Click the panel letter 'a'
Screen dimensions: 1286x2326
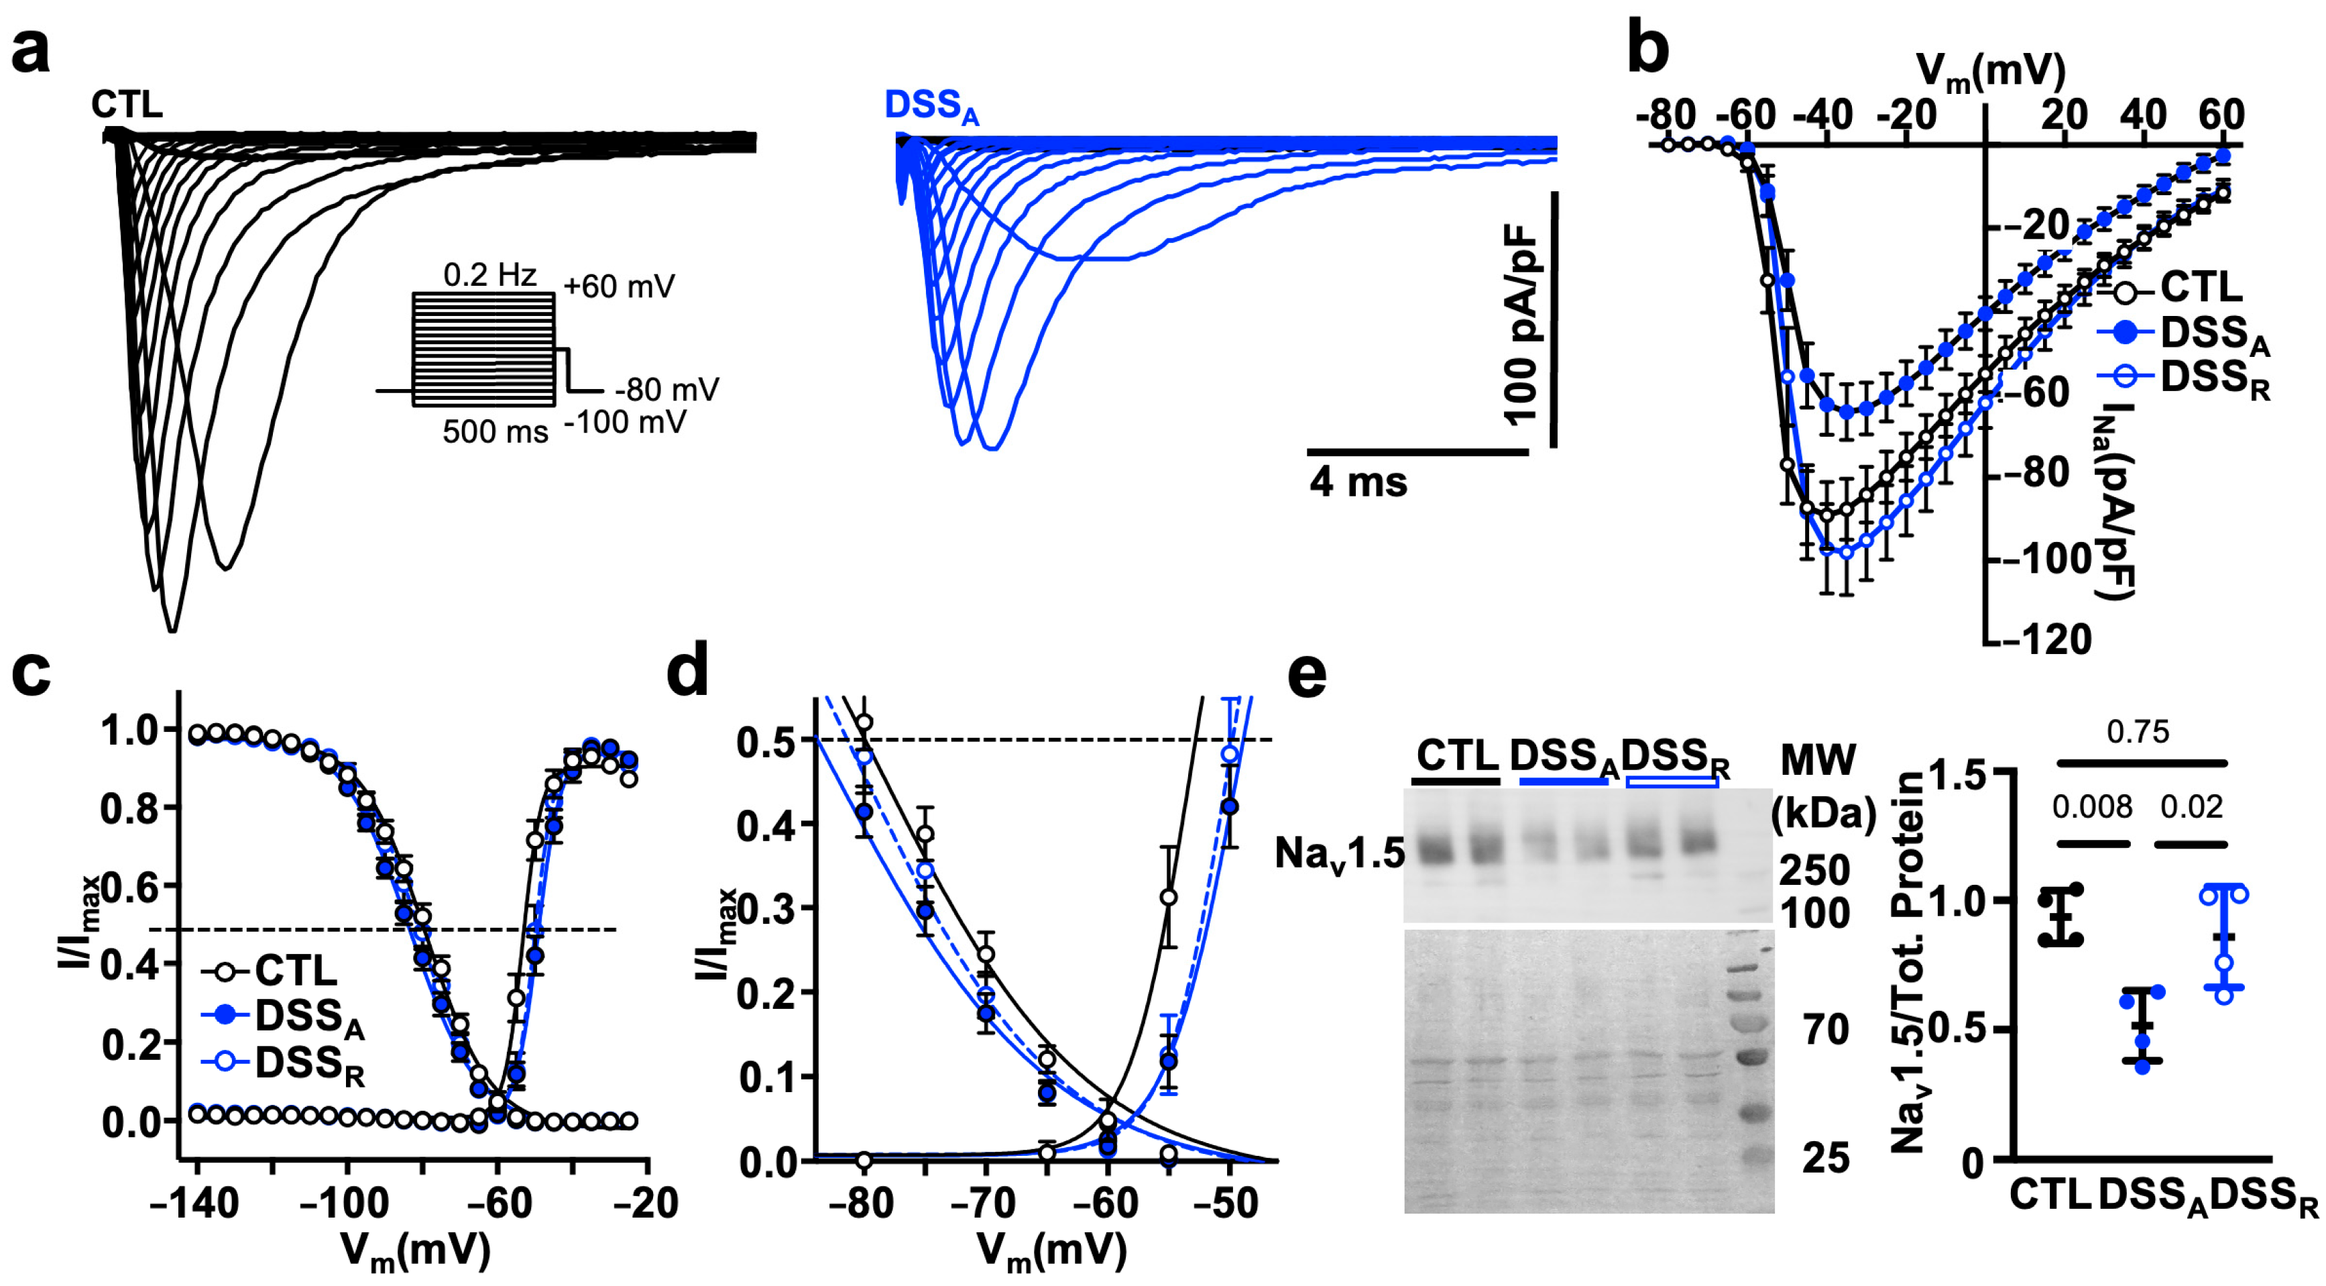[x=31, y=52]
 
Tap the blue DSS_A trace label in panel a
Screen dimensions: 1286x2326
[x=930, y=107]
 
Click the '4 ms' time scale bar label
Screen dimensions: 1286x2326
[x=1357, y=482]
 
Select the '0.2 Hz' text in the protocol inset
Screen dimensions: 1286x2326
[x=489, y=274]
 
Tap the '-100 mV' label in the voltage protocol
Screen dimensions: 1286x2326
[x=625, y=422]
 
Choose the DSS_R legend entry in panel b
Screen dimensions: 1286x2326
[x=2212, y=378]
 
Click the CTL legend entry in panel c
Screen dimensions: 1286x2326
[x=294, y=971]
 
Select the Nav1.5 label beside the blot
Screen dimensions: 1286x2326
[x=1339, y=853]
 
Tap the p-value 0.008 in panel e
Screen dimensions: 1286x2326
[x=2091, y=806]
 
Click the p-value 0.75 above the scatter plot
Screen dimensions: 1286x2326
[x=2138, y=731]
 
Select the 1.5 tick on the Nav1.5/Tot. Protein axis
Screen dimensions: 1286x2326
[x=1971, y=775]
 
